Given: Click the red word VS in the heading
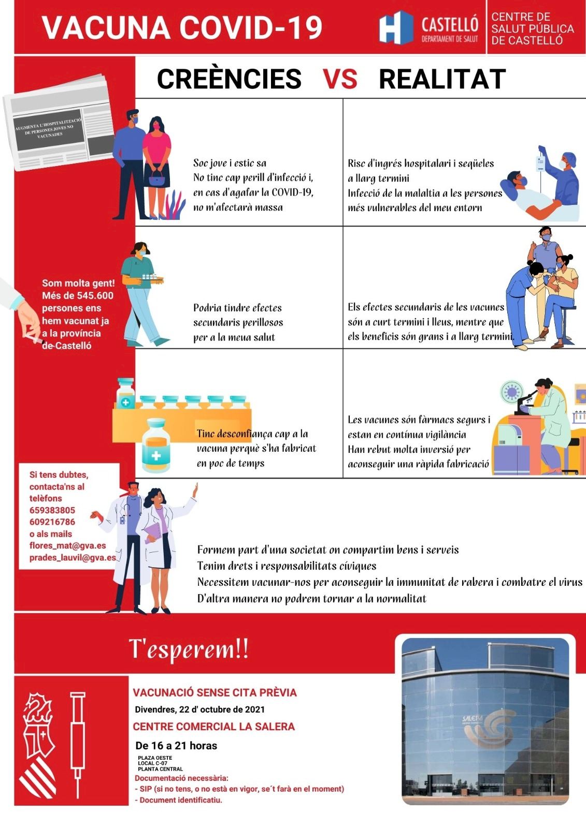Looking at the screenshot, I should [340, 79].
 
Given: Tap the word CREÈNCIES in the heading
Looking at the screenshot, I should [229, 79].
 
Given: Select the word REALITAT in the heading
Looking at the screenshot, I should [442, 79].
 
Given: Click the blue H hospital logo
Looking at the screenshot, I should [395, 28].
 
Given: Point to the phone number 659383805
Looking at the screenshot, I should [52, 510].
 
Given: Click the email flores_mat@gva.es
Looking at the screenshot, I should [67, 545].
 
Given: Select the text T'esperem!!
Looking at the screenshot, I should [189, 649].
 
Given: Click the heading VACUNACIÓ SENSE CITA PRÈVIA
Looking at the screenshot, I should [215, 692].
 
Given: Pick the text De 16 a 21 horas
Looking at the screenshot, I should [176, 746].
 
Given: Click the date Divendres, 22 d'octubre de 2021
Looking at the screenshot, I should [199, 709].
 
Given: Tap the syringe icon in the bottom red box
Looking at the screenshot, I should [78, 743].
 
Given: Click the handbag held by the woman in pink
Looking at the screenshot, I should [157, 181].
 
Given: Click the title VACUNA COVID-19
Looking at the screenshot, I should [182, 28].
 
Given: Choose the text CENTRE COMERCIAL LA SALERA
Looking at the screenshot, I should [213, 727].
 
